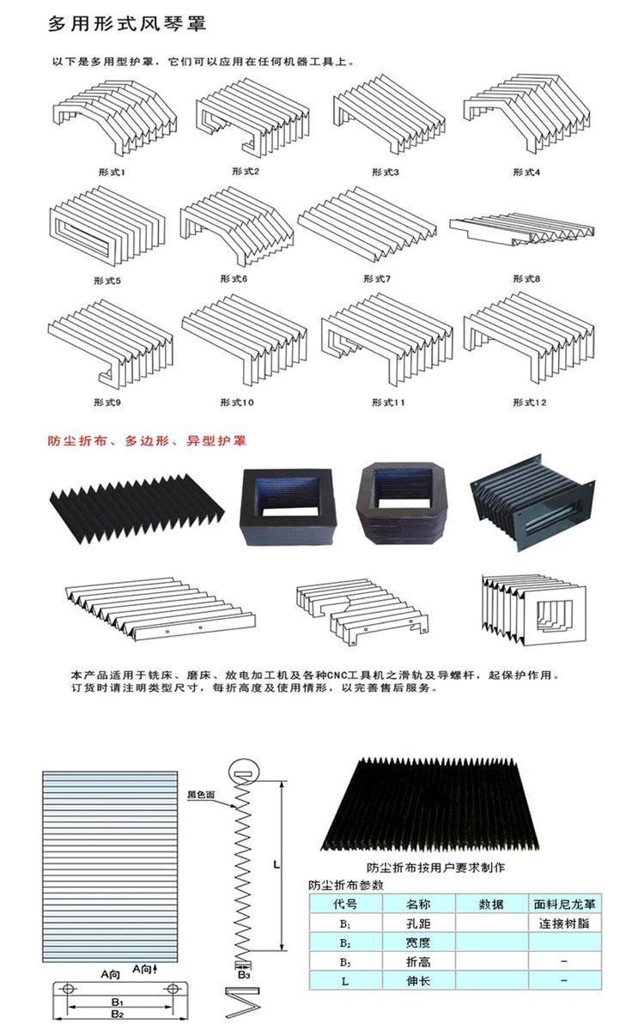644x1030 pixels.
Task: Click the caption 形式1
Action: [x=112, y=172]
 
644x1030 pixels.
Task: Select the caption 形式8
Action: [x=526, y=278]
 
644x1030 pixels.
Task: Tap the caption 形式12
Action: [x=530, y=403]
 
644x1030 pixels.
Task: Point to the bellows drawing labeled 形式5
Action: [x=107, y=225]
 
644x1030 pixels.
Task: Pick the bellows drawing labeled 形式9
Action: [x=111, y=342]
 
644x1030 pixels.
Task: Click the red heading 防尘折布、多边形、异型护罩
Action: [x=147, y=440]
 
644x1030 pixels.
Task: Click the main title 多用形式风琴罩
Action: [x=127, y=23]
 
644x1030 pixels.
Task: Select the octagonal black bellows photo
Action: [x=403, y=504]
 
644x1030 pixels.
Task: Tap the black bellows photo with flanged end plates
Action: [x=532, y=503]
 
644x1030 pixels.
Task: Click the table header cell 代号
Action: [x=345, y=904]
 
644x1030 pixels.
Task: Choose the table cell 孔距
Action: [x=418, y=924]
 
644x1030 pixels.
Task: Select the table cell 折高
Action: [x=418, y=961]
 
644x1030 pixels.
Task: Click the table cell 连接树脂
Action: [x=564, y=924]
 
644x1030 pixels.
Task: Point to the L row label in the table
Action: [x=345, y=981]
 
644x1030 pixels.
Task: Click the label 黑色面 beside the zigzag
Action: [x=201, y=794]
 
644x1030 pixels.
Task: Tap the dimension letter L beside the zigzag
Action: [x=276, y=864]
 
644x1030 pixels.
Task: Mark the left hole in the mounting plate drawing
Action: [x=68, y=988]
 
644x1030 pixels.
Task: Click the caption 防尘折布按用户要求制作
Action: [x=435, y=867]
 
